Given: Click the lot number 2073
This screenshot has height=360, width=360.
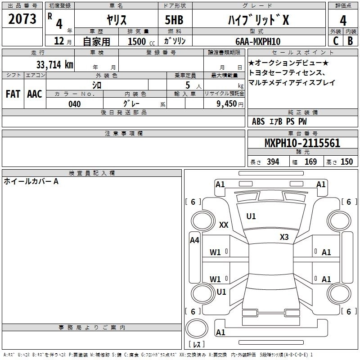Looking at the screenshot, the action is point(22,19).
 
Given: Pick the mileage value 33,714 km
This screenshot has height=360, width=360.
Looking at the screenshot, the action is point(54,64).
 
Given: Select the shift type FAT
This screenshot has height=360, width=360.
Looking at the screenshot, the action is point(13,94).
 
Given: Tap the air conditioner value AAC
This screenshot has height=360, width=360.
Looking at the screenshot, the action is point(34,94).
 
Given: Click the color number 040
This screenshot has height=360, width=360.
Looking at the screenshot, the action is point(74,104).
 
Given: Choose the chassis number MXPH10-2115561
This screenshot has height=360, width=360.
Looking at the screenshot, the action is point(302,143).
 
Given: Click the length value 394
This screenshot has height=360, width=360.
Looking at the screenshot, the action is point(272,162).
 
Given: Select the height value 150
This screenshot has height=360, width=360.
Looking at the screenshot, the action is point(346,162).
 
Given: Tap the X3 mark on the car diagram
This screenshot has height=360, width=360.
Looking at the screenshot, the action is point(284,237).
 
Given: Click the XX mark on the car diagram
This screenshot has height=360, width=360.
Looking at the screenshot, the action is point(224,225).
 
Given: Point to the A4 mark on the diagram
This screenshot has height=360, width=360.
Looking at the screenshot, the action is point(194,240).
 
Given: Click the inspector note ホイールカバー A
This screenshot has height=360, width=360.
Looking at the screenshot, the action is point(31,181).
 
